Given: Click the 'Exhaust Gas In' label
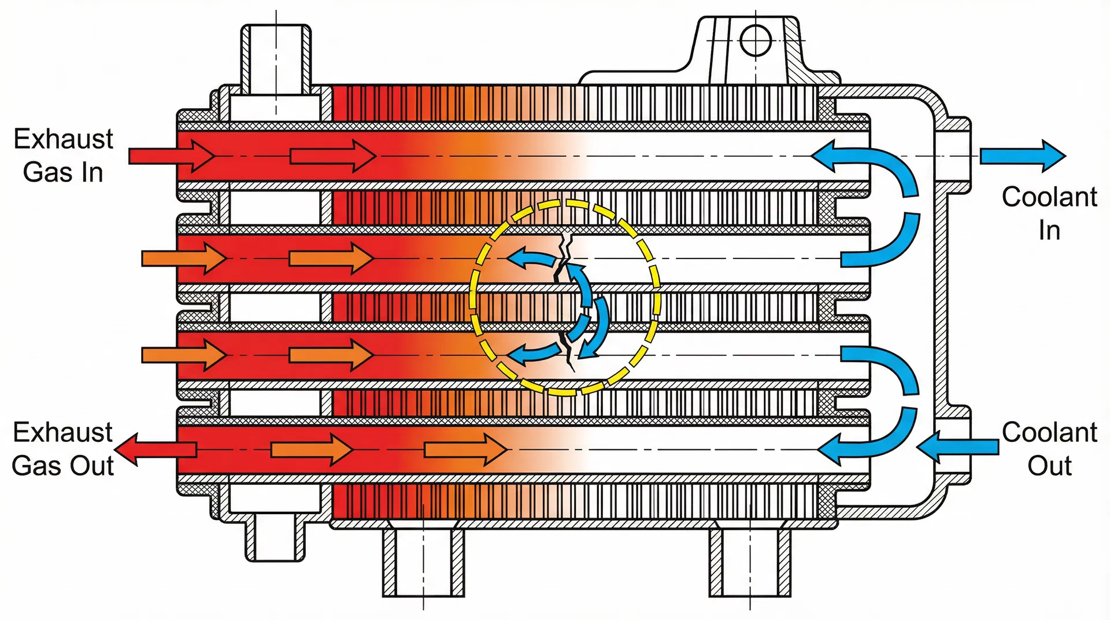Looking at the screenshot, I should [x=63, y=156].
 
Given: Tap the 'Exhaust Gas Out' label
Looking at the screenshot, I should [x=62, y=449].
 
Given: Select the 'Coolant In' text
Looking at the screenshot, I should [x=1049, y=213].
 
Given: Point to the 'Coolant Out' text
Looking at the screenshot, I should [x=1049, y=449].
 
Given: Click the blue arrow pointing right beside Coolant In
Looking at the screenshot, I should [x=1022, y=156].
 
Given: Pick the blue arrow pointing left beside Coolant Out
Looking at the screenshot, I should [x=957, y=446].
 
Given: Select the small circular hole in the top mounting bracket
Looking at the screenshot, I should [x=756, y=40].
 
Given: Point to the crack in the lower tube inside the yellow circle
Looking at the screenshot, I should [x=567, y=350].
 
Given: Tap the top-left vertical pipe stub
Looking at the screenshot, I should [x=276, y=58].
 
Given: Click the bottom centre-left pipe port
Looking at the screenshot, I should [x=423, y=561].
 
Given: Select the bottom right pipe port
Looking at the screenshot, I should [x=750, y=561].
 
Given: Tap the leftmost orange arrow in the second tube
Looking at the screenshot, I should [x=184, y=258].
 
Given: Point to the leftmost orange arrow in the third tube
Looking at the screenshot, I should [x=184, y=355].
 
